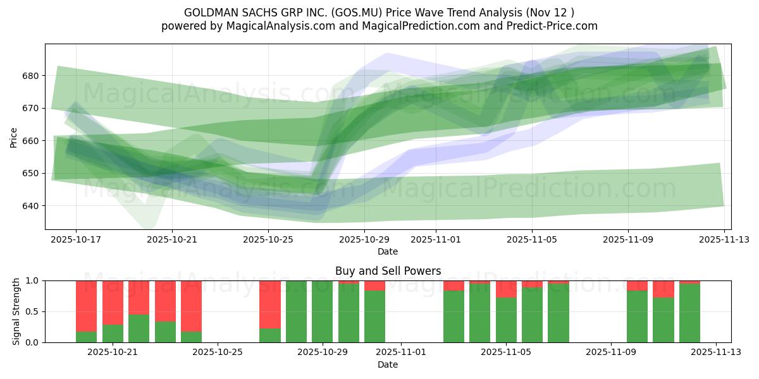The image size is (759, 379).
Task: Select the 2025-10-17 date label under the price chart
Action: pyautogui.click(x=76, y=239)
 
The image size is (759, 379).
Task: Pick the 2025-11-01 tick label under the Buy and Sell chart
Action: pyautogui.click(x=401, y=352)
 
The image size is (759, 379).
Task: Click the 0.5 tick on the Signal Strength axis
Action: pyautogui.click(x=33, y=311)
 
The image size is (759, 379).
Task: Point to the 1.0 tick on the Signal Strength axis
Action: pyautogui.click(x=33, y=280)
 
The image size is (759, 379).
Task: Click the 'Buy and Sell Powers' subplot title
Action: pyautogui.click(x=388, y=271)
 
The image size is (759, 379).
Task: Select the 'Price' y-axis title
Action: pyautogui.click(x=14, y=137)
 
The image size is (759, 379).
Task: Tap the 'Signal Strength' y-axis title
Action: pyautogui.click(x=16, y=311)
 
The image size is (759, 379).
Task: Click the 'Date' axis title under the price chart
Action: pyautogui.click(x=388, y=251)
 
